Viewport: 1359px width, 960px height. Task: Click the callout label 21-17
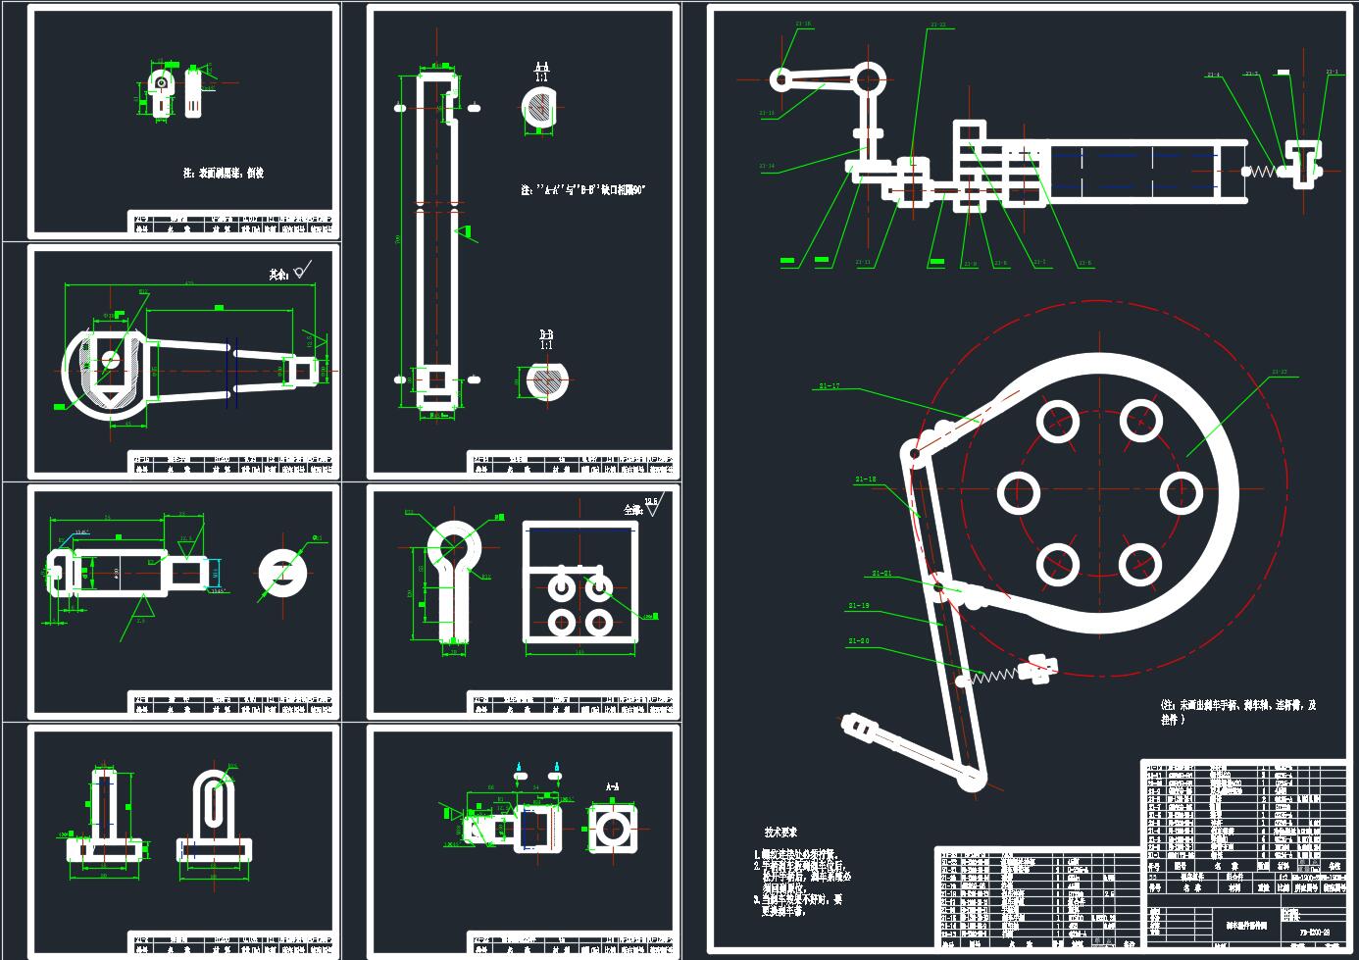(x=829, y=386)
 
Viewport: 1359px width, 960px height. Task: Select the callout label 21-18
(x=866, y=479)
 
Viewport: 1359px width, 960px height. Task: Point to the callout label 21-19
(x=858, y=606)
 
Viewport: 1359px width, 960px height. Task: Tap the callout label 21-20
(x=858, y=640)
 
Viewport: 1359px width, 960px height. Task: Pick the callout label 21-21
(x=881, y=574)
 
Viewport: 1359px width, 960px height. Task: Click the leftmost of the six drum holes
(x=1018, y=492)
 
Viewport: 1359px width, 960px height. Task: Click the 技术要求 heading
(x=780, y=832)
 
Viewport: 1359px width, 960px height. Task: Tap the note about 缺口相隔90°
(x=583, y=189)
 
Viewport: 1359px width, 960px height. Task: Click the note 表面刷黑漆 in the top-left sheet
(x=224, y=173)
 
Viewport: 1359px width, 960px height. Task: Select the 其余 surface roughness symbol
(x=291, y=272)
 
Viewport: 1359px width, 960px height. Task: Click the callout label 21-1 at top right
(x=1331, y=73)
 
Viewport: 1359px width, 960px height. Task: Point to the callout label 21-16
(x=804, y=24)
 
